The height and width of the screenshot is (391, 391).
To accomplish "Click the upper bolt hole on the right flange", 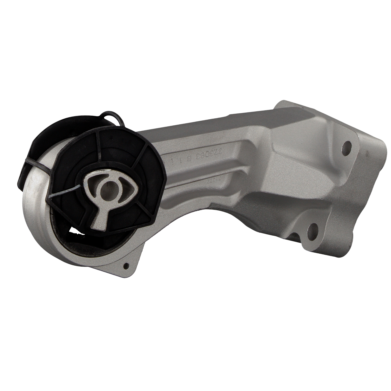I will pyautogui.click(x=346, y=145).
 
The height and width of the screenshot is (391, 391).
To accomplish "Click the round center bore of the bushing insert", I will pyautogui.click(x=107, y=188).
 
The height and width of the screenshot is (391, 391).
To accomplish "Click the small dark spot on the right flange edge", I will pyautogui.click(x=302, y=106).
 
